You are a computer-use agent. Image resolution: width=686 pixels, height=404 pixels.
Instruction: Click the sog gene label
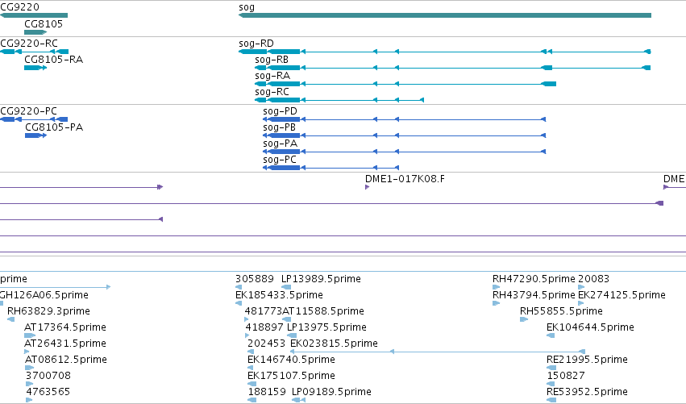[x=247, y=7]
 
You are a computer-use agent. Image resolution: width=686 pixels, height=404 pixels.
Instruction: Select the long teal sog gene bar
[x=445, y=15]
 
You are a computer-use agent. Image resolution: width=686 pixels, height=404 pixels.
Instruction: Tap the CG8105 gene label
[x=44, y=24]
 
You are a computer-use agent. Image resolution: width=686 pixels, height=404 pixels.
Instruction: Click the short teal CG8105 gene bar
[x=35, y=32]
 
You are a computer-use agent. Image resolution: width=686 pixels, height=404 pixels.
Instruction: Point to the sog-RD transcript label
[x=256, y=44]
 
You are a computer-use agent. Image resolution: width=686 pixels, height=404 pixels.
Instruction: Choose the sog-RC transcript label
[x=272, y=92]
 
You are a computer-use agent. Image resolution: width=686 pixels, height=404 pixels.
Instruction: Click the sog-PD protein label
[x=280, y=111]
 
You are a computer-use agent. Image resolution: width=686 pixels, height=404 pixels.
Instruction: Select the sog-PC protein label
[x=280, y=160]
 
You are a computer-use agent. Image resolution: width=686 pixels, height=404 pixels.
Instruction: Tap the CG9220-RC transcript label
[x=29, y=44]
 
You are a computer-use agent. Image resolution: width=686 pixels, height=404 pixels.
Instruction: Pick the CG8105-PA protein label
[x=54, y=127]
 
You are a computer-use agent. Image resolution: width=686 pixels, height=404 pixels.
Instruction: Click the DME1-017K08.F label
[x=405, y=179]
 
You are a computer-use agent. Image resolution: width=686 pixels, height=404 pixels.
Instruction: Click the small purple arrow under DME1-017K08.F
[x=367, y=187]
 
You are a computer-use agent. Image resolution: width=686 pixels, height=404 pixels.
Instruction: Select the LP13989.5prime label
[x=321, y=279]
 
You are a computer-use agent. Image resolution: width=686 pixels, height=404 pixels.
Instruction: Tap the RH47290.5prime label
[x=534, y=279]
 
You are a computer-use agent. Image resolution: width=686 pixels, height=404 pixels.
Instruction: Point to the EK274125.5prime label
[x=622, y=295]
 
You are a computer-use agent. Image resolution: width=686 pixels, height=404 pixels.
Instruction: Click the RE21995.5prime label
[x=587, y=360]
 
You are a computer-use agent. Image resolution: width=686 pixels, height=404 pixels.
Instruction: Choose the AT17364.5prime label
[x=65, y=327]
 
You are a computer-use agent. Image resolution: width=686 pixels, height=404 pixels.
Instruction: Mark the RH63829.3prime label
[x=48, y=311]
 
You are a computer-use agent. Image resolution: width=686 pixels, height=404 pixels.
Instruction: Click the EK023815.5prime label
[x=334, y=344]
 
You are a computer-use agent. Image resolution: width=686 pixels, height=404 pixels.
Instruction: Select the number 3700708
[x=48, y=376]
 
